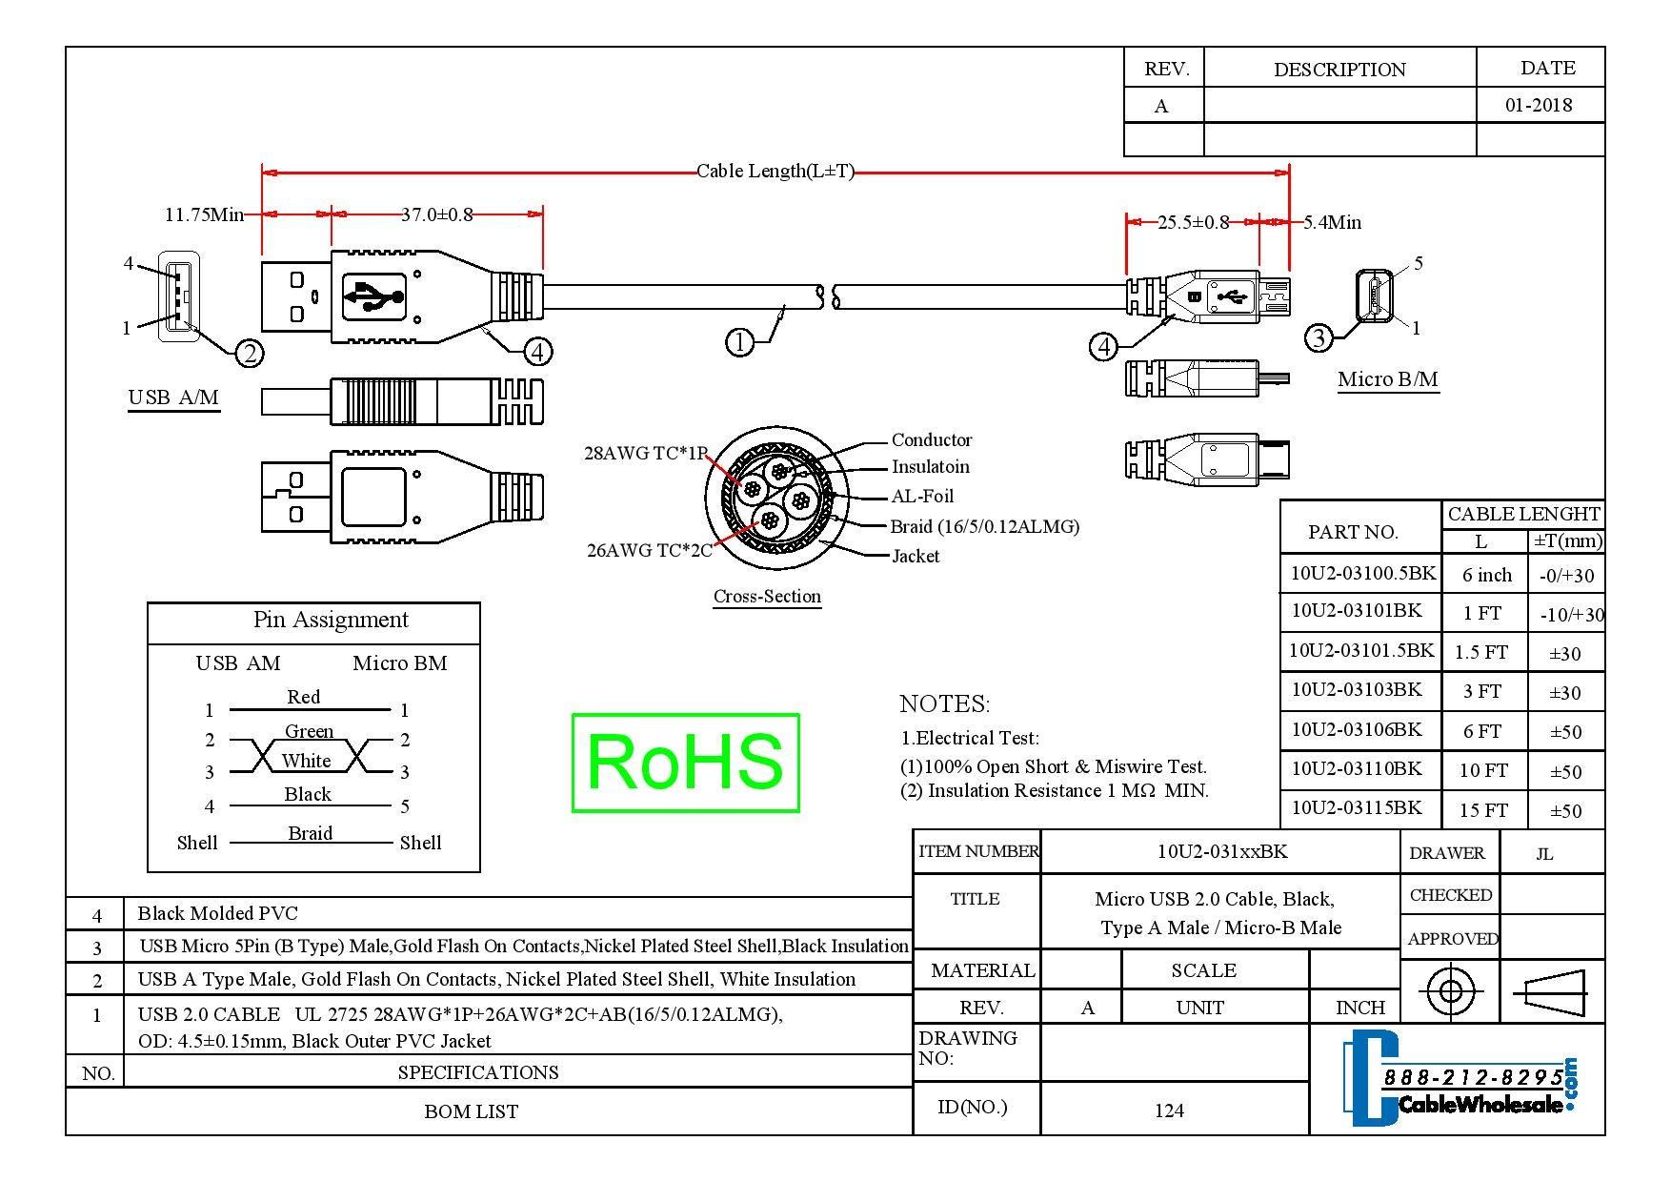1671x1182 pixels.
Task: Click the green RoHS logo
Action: click(685, 763)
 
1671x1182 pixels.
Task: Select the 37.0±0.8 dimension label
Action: click(436, 214)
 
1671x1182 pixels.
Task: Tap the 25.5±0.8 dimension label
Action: click(1193, 223)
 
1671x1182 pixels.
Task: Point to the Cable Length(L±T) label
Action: click(775, 172)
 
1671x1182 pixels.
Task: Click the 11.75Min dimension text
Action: click(204, 214)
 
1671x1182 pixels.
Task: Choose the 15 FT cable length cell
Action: click(1483, 810)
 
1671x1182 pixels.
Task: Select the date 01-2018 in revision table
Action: click(1539, 105)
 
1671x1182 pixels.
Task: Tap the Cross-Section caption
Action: click(767, 597)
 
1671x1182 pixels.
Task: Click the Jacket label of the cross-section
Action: click(916, 556)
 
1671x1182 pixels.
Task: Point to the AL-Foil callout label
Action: click(922, 496)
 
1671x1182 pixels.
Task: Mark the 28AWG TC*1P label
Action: click(645, 454)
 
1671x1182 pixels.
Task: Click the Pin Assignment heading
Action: click(331, 620)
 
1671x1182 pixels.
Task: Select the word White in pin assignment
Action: click(306, 761)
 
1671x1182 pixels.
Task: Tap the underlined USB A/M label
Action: click(173, 397)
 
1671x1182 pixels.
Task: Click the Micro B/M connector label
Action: click(1387, 379)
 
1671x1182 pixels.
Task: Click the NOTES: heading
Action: click(944, 704)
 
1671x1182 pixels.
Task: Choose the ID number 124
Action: click(1169, 1111)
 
